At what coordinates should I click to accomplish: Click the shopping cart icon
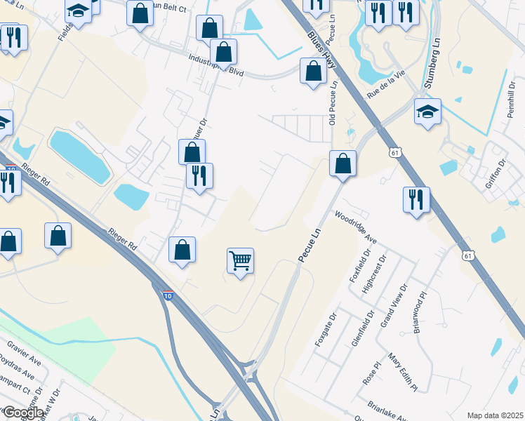(x=240, y=261)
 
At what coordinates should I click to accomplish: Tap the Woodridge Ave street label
(x=356, y=227)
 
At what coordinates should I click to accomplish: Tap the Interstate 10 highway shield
(x=168, y=297)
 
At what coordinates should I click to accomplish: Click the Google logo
(x=22, y=413)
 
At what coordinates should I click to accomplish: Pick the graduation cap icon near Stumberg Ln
(x=427, y=112)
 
